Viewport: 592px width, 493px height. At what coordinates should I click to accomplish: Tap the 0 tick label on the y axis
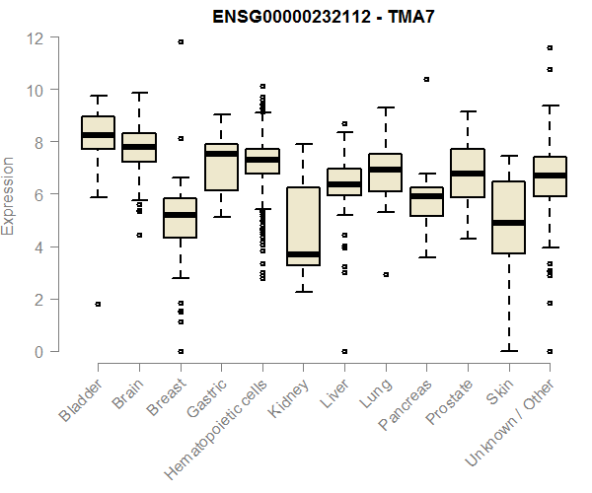click(37, 352)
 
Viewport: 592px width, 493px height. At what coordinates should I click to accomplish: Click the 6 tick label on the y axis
click(37, 195)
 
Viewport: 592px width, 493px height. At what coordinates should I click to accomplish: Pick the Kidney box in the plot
click(303, 227)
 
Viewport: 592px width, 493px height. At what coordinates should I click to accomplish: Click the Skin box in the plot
click(508, 218)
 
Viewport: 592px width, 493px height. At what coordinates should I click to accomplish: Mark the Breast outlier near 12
click(181, 41)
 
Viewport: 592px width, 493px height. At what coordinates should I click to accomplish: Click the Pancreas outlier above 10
click(426, 79)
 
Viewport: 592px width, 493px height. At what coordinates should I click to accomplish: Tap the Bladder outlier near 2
click(98, 304)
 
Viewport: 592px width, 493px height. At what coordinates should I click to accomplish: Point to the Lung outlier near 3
click(385, 274)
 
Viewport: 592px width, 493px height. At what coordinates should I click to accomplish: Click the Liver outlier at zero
click(344, 351)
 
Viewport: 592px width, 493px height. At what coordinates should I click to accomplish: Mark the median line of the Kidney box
click(303, 254)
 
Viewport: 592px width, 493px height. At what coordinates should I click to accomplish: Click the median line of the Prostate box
click(467, 174)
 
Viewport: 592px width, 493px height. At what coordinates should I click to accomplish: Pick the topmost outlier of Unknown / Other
click(549, 47)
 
